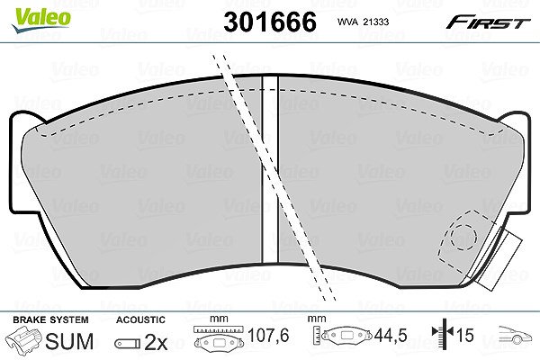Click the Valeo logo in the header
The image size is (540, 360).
(41, 21)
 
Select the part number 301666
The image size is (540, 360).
(270, 22)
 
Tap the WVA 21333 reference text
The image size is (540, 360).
(363, 22)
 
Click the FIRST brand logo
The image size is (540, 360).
(488, 22)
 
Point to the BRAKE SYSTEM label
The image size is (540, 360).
(50, 320)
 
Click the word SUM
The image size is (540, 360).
(69, 341)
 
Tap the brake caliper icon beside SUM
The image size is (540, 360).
(25, 339)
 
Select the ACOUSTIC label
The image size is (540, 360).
(140, 320)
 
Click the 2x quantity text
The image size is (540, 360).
(156, 342)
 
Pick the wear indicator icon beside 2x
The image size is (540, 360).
(128, 344)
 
